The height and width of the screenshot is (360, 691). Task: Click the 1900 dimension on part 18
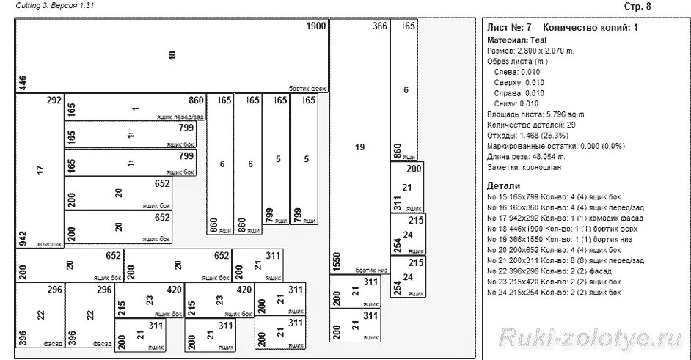[315, 26]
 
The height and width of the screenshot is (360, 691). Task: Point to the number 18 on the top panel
[172, 55]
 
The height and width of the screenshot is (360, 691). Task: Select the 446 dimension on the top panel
[23, 82]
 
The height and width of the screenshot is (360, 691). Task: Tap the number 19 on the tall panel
[359, 147]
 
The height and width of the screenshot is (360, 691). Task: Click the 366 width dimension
[379, 26]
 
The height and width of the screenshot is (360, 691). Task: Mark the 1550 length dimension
[337, 261]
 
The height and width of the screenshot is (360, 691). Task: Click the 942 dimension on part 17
[23, 238]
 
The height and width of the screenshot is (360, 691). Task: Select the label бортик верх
[307, 88]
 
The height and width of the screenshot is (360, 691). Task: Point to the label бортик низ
[371, 270]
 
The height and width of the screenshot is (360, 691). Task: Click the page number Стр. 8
[637, 7]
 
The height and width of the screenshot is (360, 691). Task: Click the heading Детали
[503, 186]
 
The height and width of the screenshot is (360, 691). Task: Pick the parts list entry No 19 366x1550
[563, 239]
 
